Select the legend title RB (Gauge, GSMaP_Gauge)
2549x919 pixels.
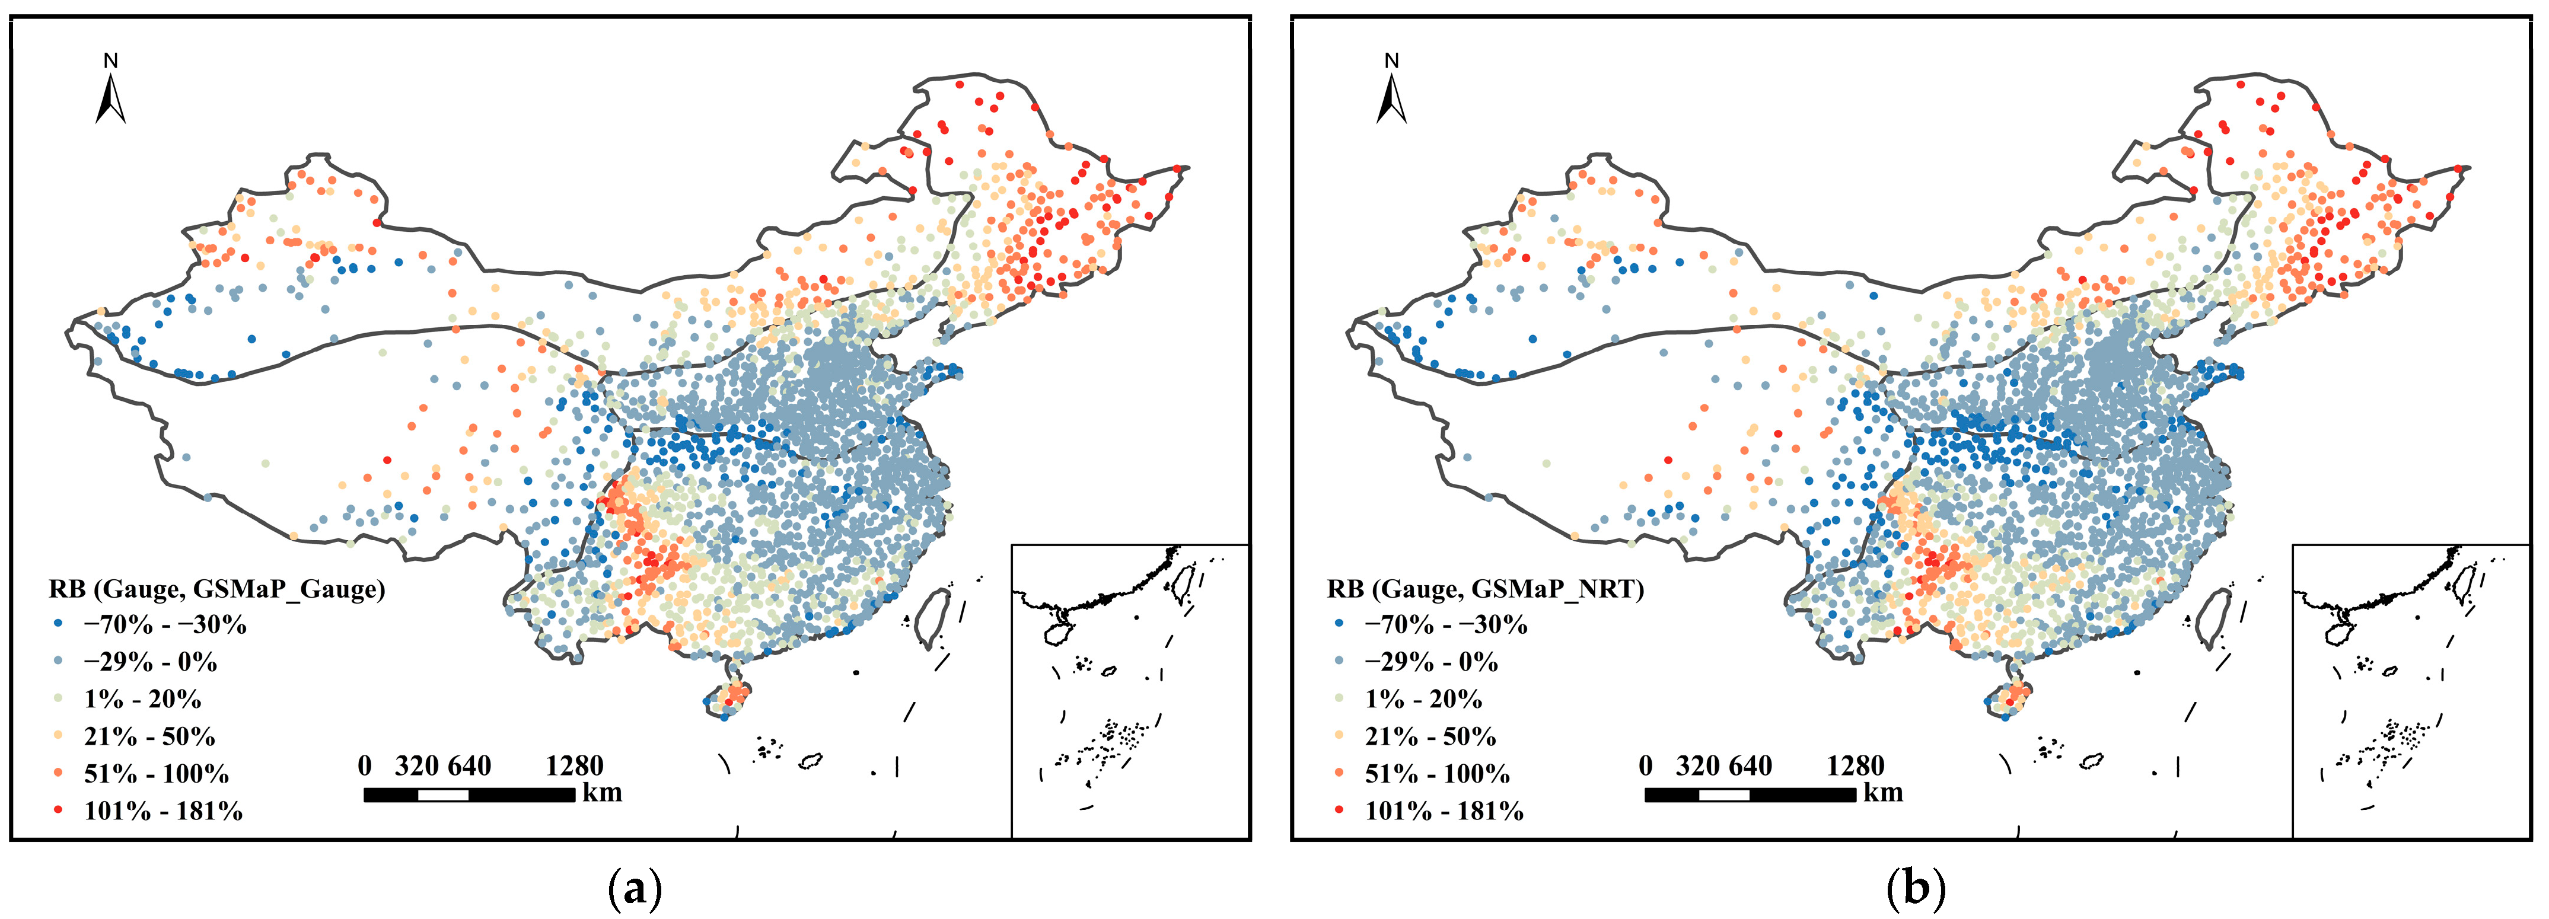click(216, 589)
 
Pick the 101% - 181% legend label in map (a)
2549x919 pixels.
click(163, 811)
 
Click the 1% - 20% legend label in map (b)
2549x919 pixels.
click(1423, 700)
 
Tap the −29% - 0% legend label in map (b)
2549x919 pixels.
click(1431, 662)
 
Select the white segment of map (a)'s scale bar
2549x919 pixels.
click(442, 794)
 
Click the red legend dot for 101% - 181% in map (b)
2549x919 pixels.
click(1338, 811)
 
